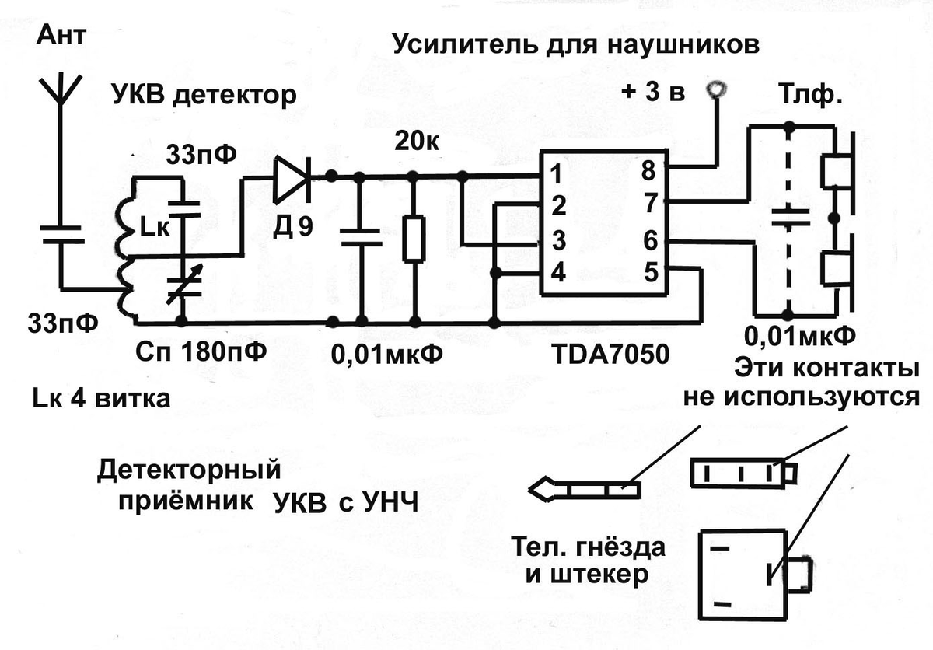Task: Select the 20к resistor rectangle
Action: click(x=415, y=239)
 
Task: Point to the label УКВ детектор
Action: click(x=204, y=96)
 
